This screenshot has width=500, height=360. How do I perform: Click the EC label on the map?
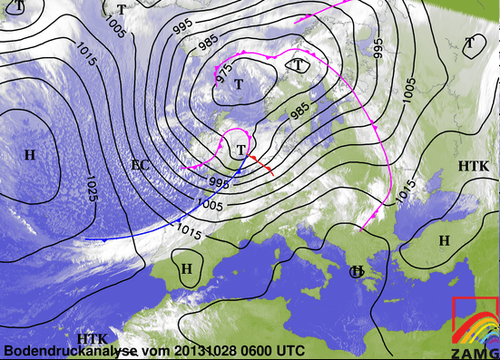coord(140,164)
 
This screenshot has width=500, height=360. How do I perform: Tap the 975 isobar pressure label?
coord(223,75)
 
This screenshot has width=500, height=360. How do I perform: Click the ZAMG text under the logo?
coord(473,352)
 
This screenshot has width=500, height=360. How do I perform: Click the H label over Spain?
coord(187,268)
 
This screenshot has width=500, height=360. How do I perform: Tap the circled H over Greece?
coord(358,272)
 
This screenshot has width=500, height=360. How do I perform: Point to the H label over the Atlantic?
coord(30,155)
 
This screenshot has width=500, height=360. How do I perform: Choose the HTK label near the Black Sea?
coord(473,168)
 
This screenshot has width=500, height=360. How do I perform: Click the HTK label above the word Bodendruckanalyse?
coord(93,338)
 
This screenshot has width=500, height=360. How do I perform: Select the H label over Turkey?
coord(444,240)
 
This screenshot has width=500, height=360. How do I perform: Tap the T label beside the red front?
coord(240,150)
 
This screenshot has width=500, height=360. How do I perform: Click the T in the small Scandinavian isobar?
coord(299,64)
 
